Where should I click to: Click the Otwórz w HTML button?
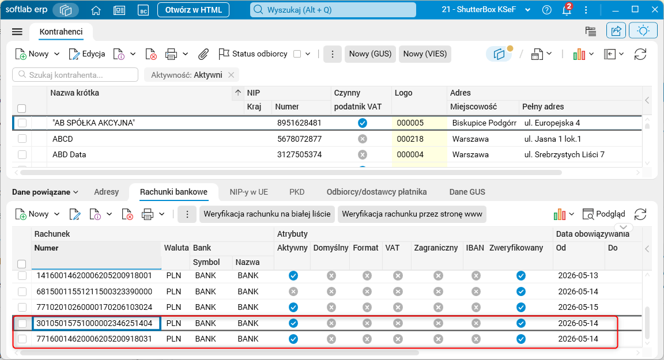pos(193,10)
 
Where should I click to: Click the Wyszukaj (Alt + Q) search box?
pos(333,10)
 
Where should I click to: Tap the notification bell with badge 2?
pos(567,9)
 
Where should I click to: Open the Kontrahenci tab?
pos(61,32)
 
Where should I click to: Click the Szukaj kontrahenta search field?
pos(76,75)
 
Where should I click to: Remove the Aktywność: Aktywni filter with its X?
pos(231,75)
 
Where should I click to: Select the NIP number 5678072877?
pos(299,139)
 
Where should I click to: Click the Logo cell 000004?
pos(410,154)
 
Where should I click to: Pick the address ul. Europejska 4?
pos(552,123)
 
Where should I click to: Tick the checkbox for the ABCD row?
pos(22,139)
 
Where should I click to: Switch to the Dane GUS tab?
pos(467,192)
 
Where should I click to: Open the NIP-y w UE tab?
pos(248,192)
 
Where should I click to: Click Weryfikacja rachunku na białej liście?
pos(267,214)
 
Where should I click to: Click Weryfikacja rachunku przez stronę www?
pos(412,214)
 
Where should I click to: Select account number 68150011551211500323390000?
pos(95,291)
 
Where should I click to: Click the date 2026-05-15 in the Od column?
pos(578,307)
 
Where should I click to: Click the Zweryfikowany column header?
pos(516,248)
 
